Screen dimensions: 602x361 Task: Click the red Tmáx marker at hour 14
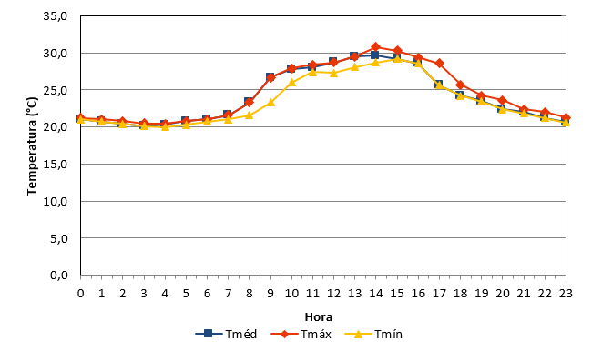pos(376,47)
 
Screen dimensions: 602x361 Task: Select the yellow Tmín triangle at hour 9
pos(270,103)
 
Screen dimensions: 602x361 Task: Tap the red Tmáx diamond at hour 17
pos(439,64)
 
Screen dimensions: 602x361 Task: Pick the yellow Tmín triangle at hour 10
pos(291,82)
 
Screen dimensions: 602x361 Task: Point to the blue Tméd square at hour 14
pos(374,55)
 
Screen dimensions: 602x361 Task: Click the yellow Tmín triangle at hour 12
pos(333,73)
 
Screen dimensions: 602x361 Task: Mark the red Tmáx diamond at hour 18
pos(460,85)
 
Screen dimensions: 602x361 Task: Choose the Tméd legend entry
pos(226,334)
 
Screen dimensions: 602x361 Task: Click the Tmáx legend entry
pos(301,334)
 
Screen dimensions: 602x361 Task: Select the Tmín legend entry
pos(373,334)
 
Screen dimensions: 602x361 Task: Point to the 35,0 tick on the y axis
pos(56,16)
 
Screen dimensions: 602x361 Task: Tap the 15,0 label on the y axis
pos(56,164)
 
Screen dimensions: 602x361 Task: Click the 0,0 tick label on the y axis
pos(58,276)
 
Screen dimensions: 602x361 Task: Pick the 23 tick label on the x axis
pos(566,294)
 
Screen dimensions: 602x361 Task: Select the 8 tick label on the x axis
pos(250,294)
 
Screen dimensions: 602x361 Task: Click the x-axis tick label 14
pos(376,294)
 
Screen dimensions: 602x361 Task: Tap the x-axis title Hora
pos(319,317)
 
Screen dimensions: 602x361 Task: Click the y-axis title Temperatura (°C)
pos(32,146)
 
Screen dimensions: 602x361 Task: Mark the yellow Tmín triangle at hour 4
pos(165,126)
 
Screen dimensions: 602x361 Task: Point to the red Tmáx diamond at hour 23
pos(566,117)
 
